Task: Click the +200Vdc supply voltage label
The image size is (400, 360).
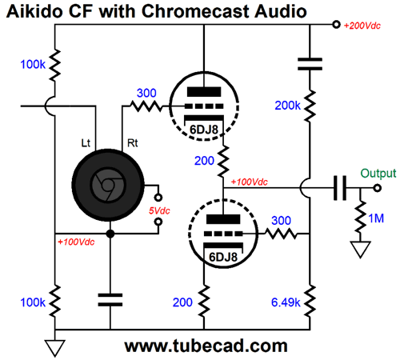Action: [362, 26]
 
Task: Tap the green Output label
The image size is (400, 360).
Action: [378, 174]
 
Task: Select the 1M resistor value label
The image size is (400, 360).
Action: [376, 218]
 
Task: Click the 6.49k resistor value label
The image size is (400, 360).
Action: [286, 302]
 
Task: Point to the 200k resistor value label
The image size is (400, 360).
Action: [287, 106]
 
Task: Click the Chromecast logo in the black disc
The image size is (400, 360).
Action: [108, 185]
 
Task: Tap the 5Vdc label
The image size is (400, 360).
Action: [159, 210]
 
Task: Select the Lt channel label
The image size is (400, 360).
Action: [86, 143]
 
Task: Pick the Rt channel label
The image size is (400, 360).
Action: [133, 143]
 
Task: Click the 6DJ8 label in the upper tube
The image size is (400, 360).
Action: [204, 130]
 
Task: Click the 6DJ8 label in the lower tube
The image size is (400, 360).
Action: [223, 257]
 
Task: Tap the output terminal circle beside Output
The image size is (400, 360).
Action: [377, 188]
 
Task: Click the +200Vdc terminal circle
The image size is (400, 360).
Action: [336, 25]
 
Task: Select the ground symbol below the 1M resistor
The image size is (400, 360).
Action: [360, 249]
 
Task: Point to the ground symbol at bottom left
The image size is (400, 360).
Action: [55, 348]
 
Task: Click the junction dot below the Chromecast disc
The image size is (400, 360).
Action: [110, 234]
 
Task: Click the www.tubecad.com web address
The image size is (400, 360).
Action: [206, 346]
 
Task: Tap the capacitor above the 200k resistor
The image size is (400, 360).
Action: [310, 64]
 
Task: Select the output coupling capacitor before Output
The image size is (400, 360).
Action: [340, 188]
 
